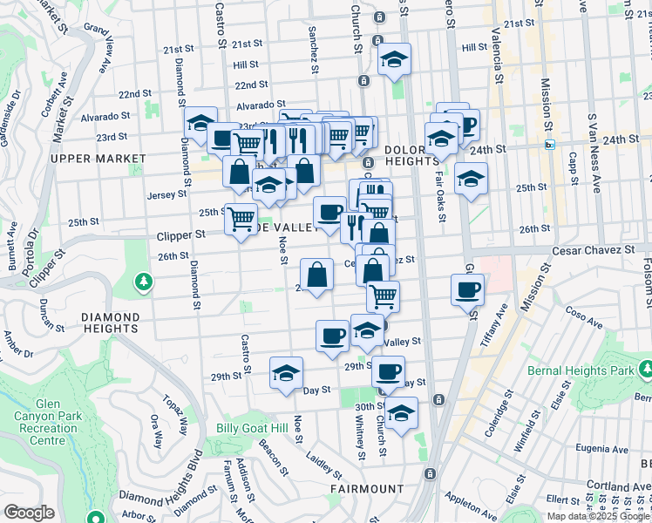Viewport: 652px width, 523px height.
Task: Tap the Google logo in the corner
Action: [x=30, y=513]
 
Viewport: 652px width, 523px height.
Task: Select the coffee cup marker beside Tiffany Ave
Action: [x=467, y=289]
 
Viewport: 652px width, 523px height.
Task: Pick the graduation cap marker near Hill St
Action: [x=394, y=59]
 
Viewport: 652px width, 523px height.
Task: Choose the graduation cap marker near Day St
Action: [x=285, y=372]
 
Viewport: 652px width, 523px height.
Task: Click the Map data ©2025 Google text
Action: [x=599, y=516]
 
